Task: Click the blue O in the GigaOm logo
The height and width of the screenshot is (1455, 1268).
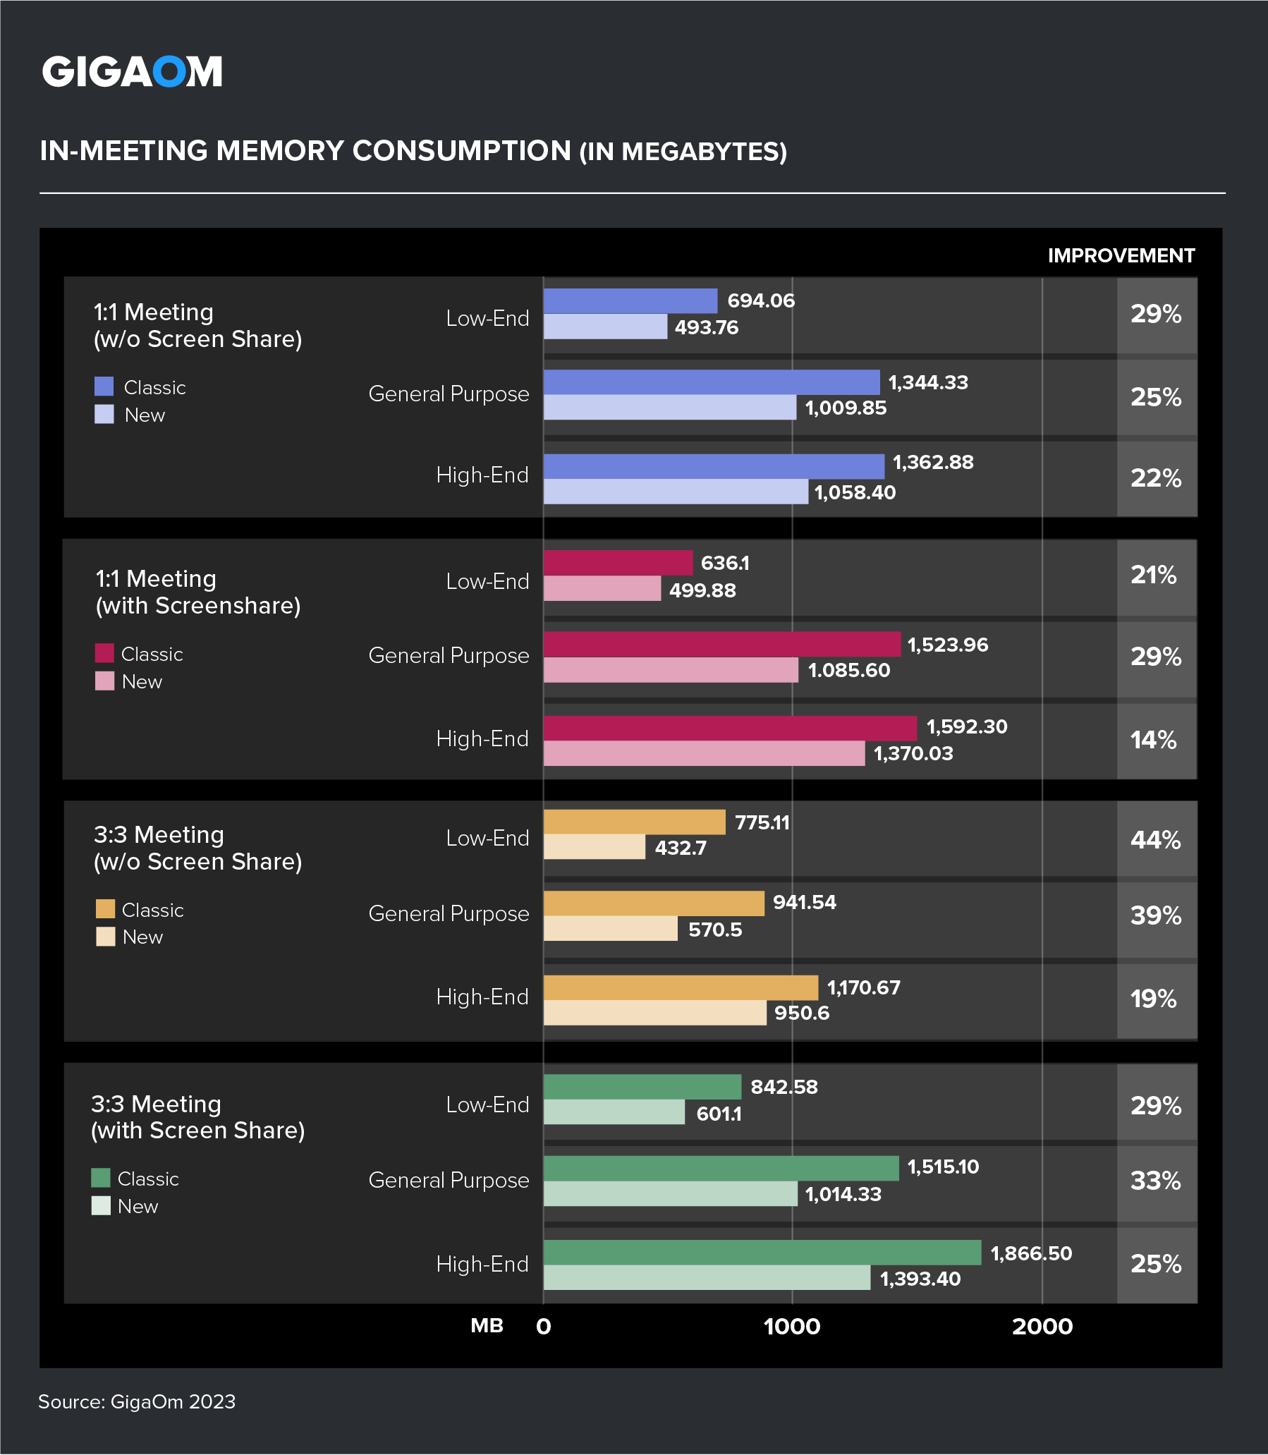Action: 170,72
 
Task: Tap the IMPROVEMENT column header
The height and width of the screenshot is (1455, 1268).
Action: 1121,255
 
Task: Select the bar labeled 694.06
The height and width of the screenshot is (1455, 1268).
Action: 630,300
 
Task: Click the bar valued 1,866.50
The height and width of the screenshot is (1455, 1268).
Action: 762,1252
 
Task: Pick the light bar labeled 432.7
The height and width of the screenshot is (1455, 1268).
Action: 595,847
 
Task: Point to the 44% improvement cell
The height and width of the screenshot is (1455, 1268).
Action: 1155,840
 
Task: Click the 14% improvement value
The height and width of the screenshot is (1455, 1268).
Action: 1153,741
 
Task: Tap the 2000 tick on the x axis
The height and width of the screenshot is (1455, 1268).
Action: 1042,1326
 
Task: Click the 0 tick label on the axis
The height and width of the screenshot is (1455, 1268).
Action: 544,1326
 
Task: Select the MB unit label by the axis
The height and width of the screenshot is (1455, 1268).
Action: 487,1325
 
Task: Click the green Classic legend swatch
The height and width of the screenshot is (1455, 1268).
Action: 101,1178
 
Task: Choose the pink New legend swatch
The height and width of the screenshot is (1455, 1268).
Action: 104,681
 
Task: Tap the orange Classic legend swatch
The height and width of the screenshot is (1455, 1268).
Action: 105,908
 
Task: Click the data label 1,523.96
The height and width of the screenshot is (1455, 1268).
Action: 947,645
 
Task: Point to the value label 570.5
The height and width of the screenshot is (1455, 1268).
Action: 714,929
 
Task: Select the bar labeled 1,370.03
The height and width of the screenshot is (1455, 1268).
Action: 704,753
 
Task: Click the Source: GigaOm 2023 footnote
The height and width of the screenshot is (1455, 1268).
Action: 137,1401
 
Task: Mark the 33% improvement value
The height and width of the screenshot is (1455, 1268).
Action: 1155,1181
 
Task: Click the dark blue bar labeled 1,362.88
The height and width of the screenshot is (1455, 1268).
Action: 713,466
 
